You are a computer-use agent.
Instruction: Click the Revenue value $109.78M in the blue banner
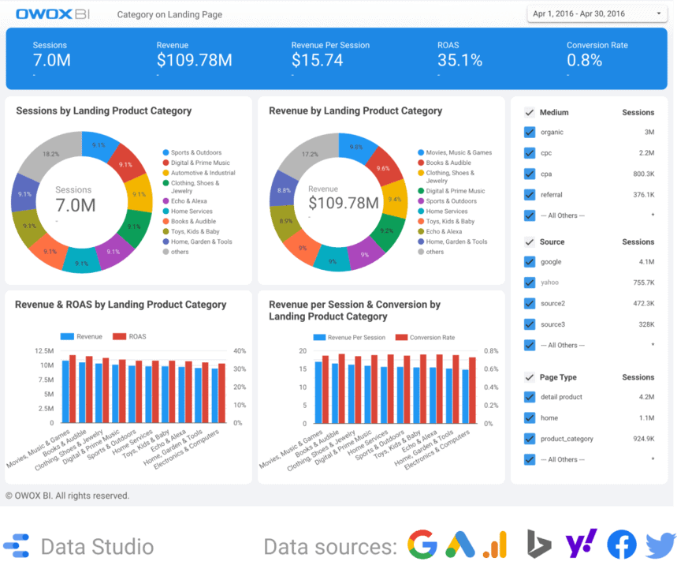194,60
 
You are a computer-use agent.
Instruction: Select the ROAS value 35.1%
459,60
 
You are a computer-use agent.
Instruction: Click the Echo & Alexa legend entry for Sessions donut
189,201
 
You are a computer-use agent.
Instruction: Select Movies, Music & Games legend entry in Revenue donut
459,152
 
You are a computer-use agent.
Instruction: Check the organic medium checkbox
530,133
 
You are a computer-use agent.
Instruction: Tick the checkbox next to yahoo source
530,283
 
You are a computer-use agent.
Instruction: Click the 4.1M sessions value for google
646,262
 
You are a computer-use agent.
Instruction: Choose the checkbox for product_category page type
530,439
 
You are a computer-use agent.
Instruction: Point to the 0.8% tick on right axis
490,351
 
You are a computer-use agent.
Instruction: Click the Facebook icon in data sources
622,545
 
